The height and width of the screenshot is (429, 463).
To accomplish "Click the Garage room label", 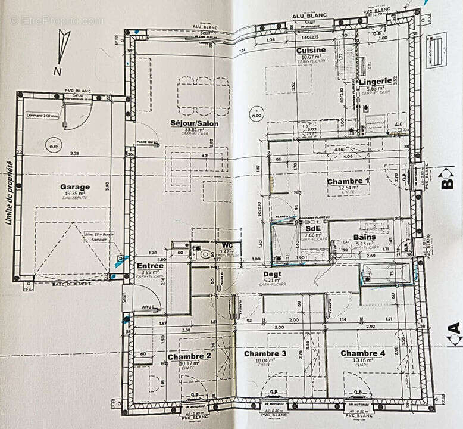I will click(x=75, y=186).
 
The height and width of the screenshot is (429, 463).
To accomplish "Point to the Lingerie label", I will click(x=375, y=80).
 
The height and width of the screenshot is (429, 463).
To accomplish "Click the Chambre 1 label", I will click(x=348, y=181).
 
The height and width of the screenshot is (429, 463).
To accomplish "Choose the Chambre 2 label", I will click(x=189, y=356).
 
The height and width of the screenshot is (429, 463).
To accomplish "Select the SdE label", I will click(x=312, y=228).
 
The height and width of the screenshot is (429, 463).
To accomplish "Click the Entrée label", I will click(x=150, y=266).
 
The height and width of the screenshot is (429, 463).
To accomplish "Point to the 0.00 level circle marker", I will click(x=256, y=112).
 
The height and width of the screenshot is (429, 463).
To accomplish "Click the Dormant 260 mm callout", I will click(x=42, y=116).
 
